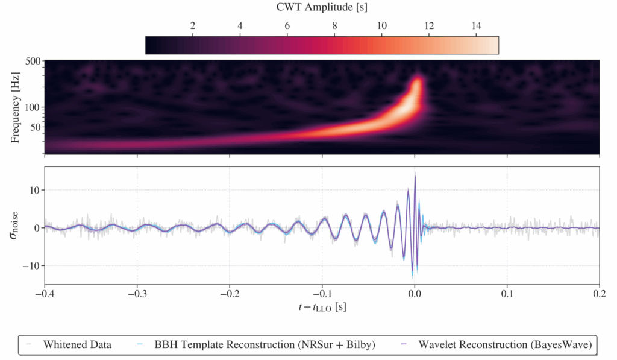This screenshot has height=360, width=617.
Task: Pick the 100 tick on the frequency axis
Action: pos(31,107)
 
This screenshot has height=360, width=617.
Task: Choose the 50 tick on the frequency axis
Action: pos(34,127)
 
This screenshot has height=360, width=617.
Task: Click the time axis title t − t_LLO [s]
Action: pos(321,308)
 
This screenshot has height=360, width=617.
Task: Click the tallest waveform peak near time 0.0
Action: pos(415,174)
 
